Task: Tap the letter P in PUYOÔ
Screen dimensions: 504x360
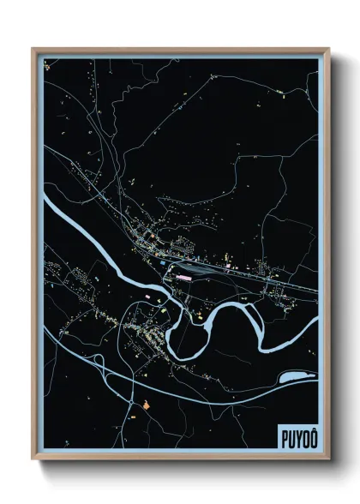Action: (x=283, y=437)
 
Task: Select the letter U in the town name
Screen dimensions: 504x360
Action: (x=290, y=437)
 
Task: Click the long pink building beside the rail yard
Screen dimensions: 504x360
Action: (x=183, y=276)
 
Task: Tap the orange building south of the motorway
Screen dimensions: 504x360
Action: (x=147, y=404)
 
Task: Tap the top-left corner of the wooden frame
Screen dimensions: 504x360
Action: (x=33, y=49)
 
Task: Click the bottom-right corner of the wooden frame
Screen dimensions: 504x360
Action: (x=328, y=460)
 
